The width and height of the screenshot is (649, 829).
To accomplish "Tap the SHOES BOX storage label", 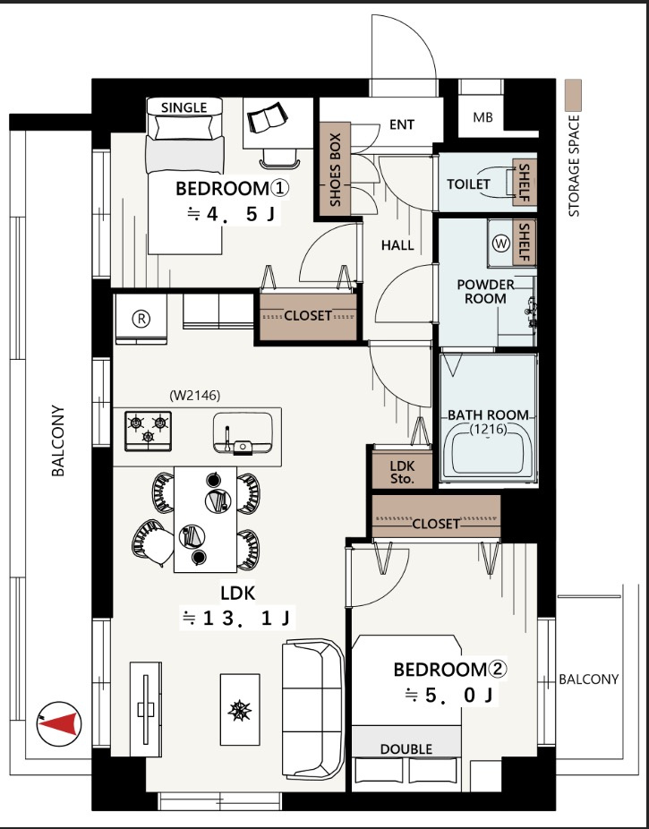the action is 335,170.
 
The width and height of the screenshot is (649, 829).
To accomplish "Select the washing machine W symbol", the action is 500,244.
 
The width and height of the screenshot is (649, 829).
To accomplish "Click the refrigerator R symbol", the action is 141,319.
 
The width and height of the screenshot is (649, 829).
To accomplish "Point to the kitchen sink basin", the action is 243,433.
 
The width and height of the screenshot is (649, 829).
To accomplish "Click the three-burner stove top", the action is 148,431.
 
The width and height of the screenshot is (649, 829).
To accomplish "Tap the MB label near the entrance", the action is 482,117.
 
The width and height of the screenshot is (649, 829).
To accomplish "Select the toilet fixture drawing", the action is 495,183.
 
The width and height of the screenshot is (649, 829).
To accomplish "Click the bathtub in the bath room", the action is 489,455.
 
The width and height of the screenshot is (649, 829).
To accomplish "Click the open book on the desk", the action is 268,118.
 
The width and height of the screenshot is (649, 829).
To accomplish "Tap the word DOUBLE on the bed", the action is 406,749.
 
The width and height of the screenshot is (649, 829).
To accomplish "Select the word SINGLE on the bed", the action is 184,107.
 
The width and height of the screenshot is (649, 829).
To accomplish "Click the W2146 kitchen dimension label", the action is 195,395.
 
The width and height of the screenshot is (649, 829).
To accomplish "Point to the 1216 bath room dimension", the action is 488,430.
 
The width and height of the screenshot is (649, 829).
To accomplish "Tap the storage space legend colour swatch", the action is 573,95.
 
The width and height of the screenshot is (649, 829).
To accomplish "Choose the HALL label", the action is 397,244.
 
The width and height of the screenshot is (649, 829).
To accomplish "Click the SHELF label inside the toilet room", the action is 525,183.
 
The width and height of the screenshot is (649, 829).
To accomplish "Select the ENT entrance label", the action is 402,124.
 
